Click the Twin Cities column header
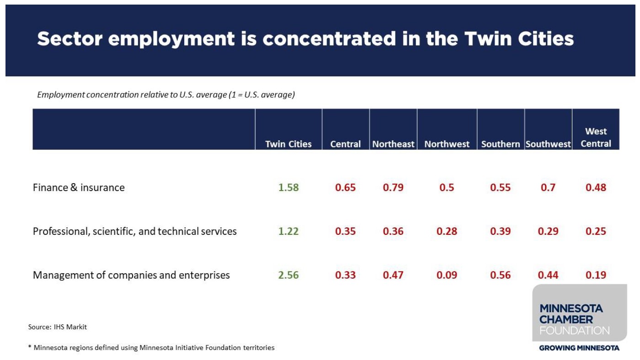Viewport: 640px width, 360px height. [288, 144]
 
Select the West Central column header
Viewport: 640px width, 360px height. [596, 138]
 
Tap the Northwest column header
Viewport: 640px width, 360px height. [447, 144]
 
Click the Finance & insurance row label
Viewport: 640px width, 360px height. [79, 187]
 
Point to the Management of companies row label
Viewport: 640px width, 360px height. [131, 275]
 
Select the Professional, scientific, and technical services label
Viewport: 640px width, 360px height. [135, 231]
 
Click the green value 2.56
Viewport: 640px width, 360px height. [288, 275]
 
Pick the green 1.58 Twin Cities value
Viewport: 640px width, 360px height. [288, 187]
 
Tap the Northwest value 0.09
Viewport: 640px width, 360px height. [447, 275]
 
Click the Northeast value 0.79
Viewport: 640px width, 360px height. [393, 187]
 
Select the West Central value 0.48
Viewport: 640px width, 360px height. [596, 187]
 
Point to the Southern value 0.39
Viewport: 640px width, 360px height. [501, 231]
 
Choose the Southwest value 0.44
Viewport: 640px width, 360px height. [548, 275]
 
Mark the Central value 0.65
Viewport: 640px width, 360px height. [345, 187]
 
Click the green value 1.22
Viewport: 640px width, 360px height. [288, 231]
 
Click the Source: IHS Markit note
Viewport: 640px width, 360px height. [58, 327]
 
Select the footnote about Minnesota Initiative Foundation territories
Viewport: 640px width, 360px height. [151, 348]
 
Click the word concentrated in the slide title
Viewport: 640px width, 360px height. [329, 39]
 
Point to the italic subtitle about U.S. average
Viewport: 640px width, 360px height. [166, 95]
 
